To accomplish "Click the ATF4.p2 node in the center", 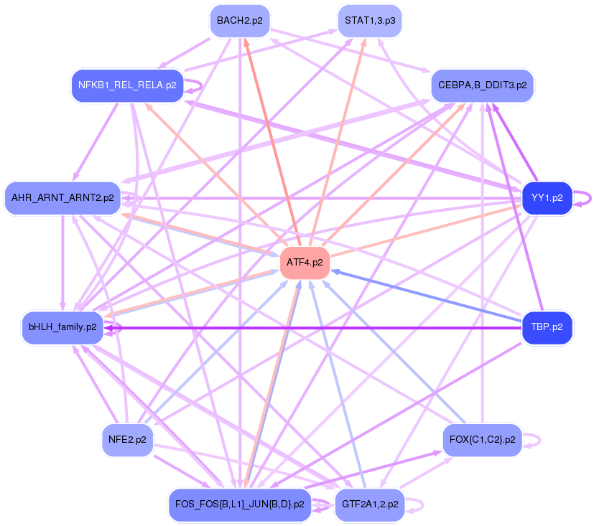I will click(305, 263).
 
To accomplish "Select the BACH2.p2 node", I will click(239, 21).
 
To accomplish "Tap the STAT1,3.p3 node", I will click(369, 21).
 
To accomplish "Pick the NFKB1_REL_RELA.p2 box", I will click(126, 85).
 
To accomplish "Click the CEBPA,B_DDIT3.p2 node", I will click(481, 85).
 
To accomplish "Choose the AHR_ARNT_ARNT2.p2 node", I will click(62, 197).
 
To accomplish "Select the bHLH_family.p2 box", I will click(62, 328).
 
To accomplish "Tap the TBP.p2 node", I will click(547, 328).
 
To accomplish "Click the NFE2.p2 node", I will click(126, 439).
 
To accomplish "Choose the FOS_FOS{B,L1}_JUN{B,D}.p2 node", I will click(239, 504).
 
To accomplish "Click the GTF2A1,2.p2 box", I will click(369, 504).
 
